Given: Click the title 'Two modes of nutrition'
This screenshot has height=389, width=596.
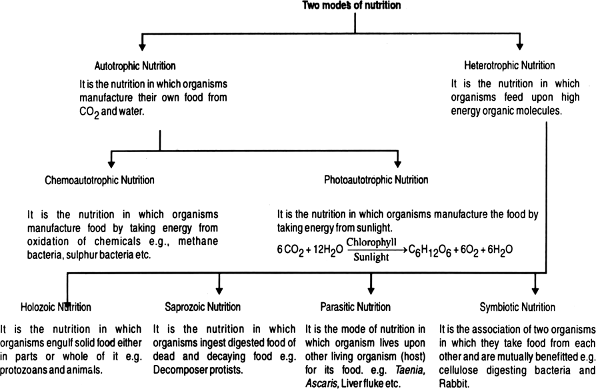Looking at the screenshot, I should pos(355,6).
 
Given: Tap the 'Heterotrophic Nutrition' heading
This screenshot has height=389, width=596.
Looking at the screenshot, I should pos(509,65).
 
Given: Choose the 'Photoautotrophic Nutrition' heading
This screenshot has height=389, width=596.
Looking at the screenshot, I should pos(376,180).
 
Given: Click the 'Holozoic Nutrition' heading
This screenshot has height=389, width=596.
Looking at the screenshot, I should pos(56,307).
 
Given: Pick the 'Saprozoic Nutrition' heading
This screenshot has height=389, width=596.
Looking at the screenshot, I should pos(203,307).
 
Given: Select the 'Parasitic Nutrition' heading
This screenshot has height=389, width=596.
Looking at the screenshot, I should pos(355,307).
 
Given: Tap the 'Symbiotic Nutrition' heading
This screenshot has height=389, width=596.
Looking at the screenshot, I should pos(517,307).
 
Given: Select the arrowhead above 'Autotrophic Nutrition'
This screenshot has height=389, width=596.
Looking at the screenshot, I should pos(142,46).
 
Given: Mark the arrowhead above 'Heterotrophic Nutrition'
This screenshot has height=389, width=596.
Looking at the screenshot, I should pos(520,46).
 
